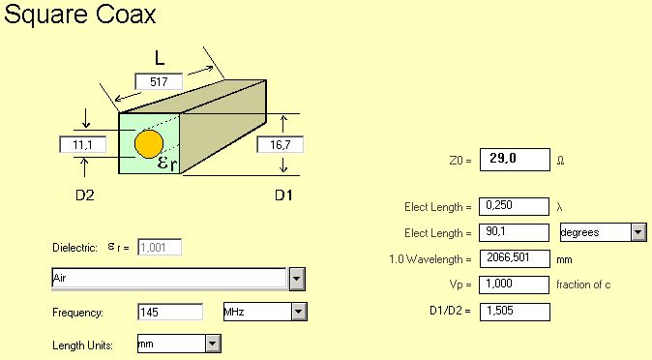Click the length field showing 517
159,81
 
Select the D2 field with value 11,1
83,145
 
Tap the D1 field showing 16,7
280,145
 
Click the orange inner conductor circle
149,144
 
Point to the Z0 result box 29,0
515,160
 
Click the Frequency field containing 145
170,312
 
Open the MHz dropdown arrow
299,312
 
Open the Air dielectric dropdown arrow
297,279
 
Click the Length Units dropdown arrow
213,345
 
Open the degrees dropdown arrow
638,232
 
